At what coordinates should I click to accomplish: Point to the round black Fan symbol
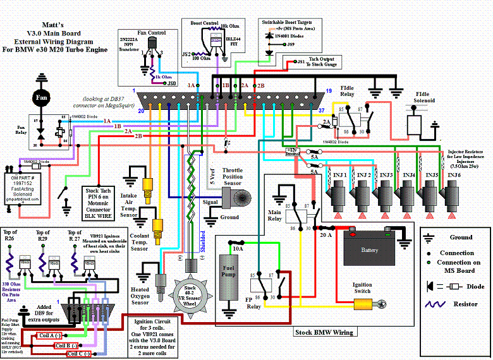[x=42, y=99]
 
